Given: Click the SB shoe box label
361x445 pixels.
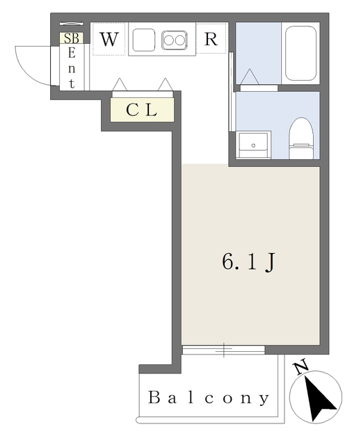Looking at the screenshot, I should (x=71, y=39).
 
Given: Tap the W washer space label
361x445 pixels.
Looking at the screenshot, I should (x=109, y=40).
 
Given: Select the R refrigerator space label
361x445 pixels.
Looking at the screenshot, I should (x=211, y=40).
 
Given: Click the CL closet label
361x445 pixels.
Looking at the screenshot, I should (x=142, y=110).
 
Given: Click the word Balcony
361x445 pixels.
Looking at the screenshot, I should (x=209, y=398).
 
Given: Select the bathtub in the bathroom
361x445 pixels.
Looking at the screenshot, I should (x=300, y=54).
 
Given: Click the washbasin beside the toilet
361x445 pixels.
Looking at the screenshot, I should (x=252, y=145).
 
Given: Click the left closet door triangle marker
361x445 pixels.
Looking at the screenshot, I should (x=120, y=84).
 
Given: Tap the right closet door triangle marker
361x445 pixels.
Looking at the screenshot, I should (x=166, y=84).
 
